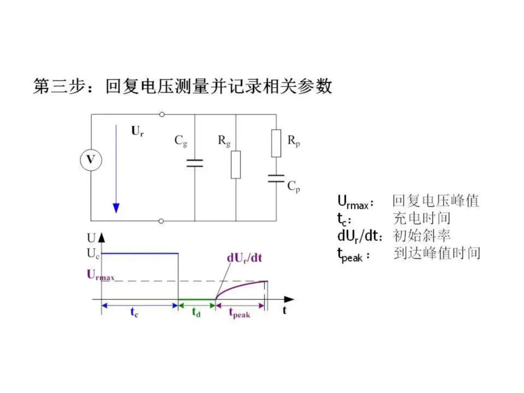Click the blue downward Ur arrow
tap(116, 170)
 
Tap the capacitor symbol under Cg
tap(195, 163)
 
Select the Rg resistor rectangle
tap(236, 164)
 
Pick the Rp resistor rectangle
tap(276, 143)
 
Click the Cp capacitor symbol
tap(276, 178)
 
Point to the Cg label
tap(181, 141)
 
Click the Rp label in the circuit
tap(293, 141)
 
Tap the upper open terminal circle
tap(162, 115)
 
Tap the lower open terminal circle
tap(162, 221)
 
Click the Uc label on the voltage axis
tap(93, 253)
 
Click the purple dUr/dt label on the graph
tap(244, 258)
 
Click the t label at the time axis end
tap(284, 311)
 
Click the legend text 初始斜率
tap(422, 236)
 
